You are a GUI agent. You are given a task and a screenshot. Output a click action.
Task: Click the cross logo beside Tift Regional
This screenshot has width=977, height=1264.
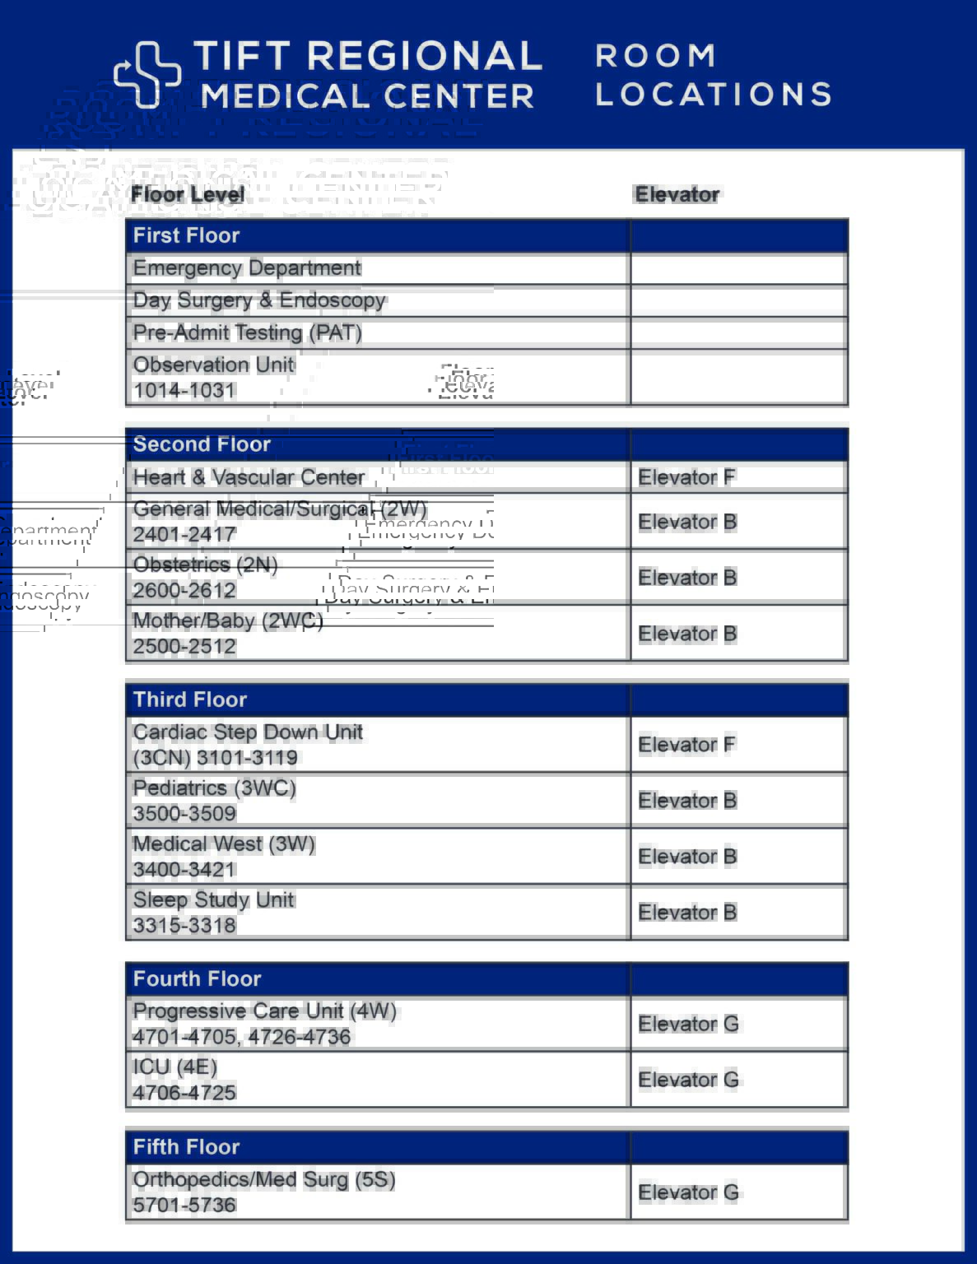147,74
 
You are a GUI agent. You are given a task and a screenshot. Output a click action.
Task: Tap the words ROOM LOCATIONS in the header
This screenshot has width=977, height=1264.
713,75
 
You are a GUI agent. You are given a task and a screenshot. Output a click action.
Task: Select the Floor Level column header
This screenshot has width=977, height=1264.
188,195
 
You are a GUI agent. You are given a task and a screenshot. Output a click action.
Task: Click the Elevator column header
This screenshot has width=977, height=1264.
677,195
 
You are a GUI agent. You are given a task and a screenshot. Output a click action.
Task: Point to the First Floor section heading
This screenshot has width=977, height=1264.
186,235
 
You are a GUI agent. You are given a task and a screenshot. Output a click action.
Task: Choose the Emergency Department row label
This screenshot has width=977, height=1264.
247,268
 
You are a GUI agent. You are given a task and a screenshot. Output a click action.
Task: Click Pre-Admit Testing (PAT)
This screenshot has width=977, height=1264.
247,332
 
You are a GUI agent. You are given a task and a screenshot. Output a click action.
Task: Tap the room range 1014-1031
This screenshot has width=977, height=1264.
184,391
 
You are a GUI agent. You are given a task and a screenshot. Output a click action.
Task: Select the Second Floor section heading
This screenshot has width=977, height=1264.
202,444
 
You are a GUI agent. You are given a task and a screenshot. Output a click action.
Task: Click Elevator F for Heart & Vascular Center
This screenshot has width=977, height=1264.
686,477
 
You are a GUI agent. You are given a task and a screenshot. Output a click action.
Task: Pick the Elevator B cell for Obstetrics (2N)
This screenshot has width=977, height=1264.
687,578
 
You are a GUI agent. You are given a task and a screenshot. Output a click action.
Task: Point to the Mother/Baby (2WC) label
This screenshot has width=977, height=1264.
228,621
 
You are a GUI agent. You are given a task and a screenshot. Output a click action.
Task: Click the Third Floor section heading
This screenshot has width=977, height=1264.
190,699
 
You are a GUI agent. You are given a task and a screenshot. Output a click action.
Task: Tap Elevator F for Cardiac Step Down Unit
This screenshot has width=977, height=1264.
686,745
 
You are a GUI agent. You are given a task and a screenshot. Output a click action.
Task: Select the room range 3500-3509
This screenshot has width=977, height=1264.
184,814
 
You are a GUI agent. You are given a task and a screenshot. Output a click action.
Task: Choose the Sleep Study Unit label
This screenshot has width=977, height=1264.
213,900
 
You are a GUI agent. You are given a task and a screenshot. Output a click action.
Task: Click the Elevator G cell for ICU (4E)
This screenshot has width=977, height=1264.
688,1080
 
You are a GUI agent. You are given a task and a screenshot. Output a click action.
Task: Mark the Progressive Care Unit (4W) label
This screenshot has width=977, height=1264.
264,1011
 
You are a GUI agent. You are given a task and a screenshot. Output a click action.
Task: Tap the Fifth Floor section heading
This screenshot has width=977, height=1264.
186,1147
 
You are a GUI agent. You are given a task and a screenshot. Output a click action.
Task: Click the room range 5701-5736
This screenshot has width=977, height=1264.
184,1206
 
